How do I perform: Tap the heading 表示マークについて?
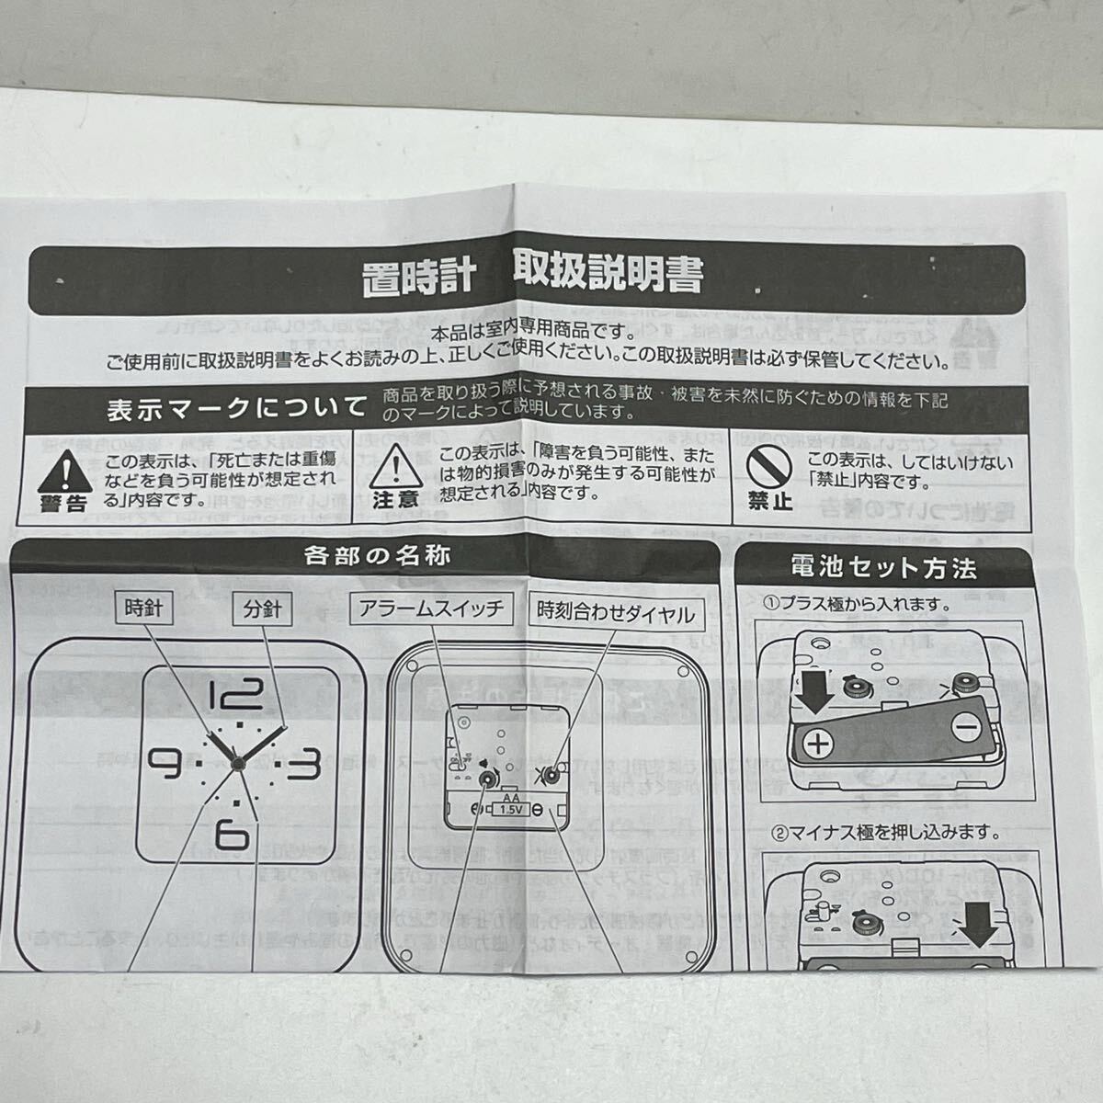point(235,408)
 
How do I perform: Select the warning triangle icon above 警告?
point(64,472)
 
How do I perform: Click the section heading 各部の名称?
point(376,556)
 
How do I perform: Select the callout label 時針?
point(144,608)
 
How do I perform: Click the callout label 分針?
point(262,608)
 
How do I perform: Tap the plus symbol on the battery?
point(819,742)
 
